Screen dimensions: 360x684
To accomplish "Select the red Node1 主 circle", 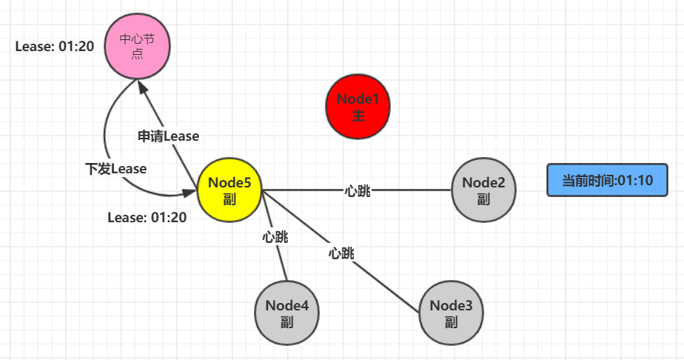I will pyautogui.click(x=358, y=107).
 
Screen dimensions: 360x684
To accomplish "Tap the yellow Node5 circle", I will pyautogui.click(x=229, y=190).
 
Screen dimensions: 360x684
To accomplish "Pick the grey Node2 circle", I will pyautogui.click(x=483, y=190).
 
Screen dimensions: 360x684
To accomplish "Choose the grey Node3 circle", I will pyautogui.click(x=451, y=313).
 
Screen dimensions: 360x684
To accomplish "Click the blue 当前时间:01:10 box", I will pyautogui.click(x=608, y=180).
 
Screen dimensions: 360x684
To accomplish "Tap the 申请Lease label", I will pyautogui.click(x=168, y=136).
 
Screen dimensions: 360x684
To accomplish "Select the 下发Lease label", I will pyautogui.click(x=115, y=169).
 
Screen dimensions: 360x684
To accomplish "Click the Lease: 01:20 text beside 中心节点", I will pyautogui.click(x=55, y=46).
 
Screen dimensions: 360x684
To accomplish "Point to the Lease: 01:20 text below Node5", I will pyautogui.click(x=147, y=218).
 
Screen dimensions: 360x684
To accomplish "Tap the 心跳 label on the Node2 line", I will pyautogui.click(x=358, y=191).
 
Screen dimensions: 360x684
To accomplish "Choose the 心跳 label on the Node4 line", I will pyautogui.click(x=275, y=238).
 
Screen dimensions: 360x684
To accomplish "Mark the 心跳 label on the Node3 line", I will pyautogui.click(x=341, y=253).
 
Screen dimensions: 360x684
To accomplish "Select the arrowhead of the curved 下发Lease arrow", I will pyautogui.click(x=192, y=194).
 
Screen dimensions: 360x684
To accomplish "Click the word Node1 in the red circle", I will pyautogui.click(x=358, y=99).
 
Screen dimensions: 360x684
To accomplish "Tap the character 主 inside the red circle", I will pyautogui.click(x=358, y=116).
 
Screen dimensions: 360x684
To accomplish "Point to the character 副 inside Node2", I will pyautogui.click(x=483, y=199).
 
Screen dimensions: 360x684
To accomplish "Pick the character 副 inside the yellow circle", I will pyautogui.click(x=229, y=199).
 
